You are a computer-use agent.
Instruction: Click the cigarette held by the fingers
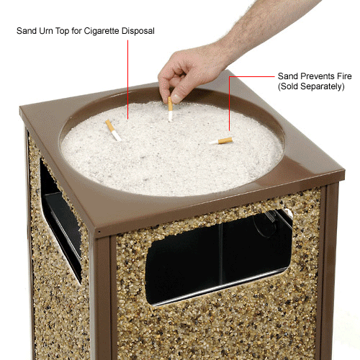tap(171, 109)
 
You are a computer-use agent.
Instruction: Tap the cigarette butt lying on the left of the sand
tap(112, 130)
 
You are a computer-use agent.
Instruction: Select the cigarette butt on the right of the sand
tap(221, 141)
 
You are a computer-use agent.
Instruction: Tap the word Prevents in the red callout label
tap(315, 75)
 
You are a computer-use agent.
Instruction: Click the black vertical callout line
tap(128, 72)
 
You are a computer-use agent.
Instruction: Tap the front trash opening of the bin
tap(216, 256)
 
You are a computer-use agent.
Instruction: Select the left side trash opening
tap(60, 223)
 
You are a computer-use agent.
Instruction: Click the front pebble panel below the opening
tap(216, 328)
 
